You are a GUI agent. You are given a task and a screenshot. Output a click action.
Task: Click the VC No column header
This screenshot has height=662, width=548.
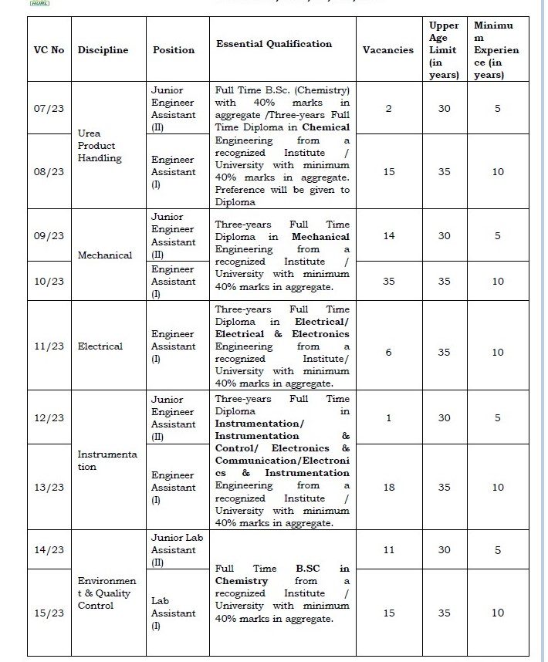[49, 50]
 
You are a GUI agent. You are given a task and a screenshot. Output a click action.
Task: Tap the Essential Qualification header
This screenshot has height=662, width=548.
[274, 44]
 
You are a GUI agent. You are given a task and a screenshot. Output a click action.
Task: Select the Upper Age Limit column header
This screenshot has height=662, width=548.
[444, 50]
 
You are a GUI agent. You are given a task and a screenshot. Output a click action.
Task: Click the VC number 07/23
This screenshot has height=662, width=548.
[49, 109]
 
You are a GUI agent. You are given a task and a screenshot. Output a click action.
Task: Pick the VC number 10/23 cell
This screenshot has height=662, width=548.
[49, 282]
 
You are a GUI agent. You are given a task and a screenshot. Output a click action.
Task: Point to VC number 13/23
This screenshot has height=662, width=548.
[49, 488]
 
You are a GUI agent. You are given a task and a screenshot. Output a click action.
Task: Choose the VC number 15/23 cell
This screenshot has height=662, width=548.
[49, 613]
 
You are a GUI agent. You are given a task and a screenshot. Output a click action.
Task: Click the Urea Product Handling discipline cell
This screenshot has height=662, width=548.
[100, 146]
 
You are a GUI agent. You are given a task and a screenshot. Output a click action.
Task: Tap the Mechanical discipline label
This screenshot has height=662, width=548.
[105, 255]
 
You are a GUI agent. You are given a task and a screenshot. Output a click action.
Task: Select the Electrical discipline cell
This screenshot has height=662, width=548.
[100, 346]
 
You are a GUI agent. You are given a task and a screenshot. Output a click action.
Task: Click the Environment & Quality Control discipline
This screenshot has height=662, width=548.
[107, 593]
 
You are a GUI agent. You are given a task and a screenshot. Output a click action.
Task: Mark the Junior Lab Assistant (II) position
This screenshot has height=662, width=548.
[173, 550]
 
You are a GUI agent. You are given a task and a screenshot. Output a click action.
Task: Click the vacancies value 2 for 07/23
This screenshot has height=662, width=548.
[388, 109]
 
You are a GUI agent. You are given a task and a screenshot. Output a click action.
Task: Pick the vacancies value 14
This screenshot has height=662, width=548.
[388, 236]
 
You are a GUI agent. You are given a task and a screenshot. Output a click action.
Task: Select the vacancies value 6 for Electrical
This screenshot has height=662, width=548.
[388, 352]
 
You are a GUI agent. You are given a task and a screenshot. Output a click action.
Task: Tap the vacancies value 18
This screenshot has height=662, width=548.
[388, 488]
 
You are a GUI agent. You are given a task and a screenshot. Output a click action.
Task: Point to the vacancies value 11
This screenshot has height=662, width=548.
[388, 550]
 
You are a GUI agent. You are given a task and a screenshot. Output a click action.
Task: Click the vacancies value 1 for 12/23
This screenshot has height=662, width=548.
[388, 418]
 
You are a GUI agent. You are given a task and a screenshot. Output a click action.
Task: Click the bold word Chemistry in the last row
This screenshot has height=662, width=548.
[242, 581]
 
